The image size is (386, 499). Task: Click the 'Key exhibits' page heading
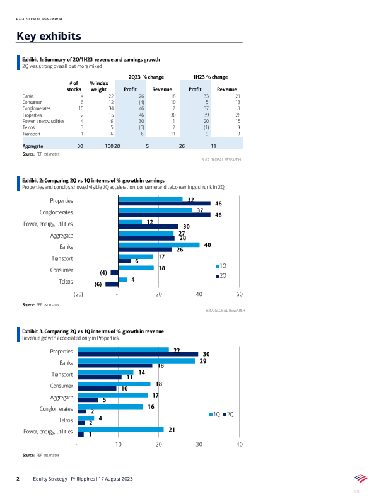[49, 35]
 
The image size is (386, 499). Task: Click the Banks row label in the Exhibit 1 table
[28, 96]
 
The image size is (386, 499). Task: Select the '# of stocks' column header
[74, 86]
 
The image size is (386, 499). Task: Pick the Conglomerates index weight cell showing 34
[110, 108]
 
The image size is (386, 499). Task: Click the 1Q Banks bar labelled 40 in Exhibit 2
[158, 244]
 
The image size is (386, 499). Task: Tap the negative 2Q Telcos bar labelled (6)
[112, 284]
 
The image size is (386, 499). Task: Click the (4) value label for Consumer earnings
[104, 273]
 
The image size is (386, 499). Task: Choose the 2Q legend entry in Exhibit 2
[222, 276]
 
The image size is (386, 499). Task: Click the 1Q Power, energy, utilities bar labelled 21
[120, 429]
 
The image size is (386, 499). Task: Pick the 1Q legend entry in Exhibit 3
[214, 414]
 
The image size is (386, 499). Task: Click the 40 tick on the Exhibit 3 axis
[240, 445]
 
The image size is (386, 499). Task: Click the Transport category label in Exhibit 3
[62, 374]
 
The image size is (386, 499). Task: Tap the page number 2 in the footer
[18, 479]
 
